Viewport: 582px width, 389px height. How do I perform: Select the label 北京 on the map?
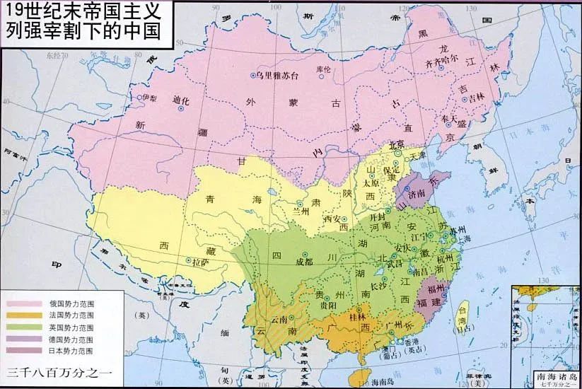[x=396, y=146]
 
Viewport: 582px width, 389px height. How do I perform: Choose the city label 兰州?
[x=301, y=211]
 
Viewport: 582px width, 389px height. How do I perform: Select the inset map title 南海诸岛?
[x=554, y=376]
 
